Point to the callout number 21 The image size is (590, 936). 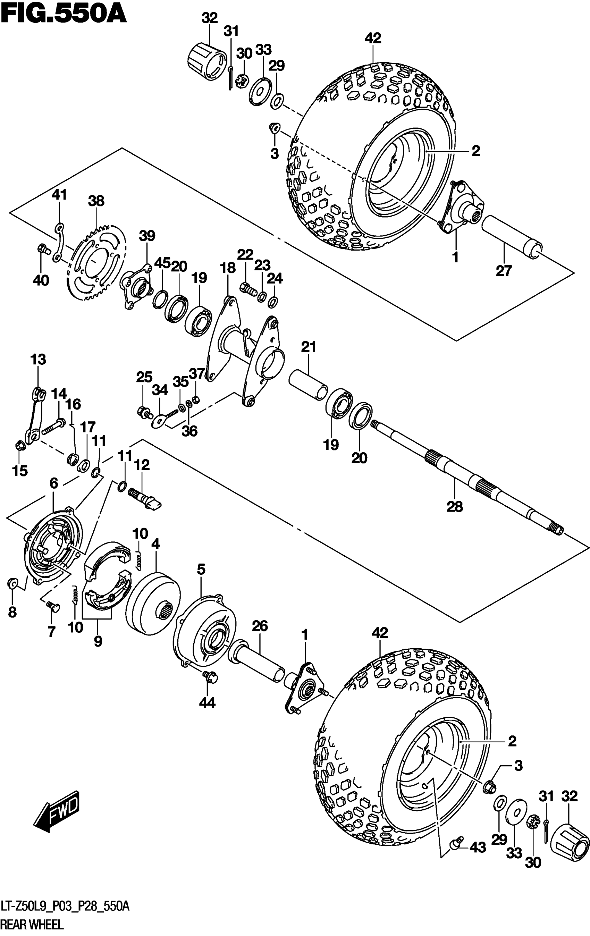309,346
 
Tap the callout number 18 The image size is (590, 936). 228,268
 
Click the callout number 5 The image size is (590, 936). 201,570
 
